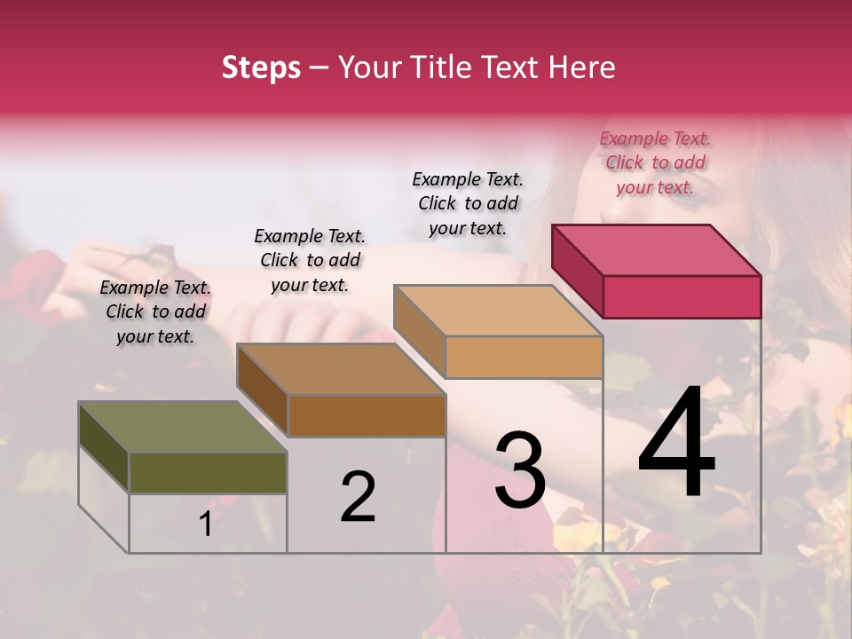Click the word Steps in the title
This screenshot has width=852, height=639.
pos(261,67)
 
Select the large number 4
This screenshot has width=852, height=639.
pos(677,445)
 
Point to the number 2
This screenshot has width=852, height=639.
pos(358,497)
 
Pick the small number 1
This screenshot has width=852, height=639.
pos(206,525)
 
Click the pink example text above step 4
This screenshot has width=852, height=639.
pos(655,162)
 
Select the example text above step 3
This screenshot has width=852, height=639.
pos(468,203)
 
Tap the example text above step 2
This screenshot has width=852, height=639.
pos(310,260)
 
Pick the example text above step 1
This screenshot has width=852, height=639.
pos(155,312)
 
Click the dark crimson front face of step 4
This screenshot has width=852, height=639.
pos(682,296)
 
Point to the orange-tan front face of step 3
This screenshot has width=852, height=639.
pos(524,357)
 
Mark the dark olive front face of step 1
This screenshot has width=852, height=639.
pos(208,473)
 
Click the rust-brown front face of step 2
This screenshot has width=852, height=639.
pos(366,415)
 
